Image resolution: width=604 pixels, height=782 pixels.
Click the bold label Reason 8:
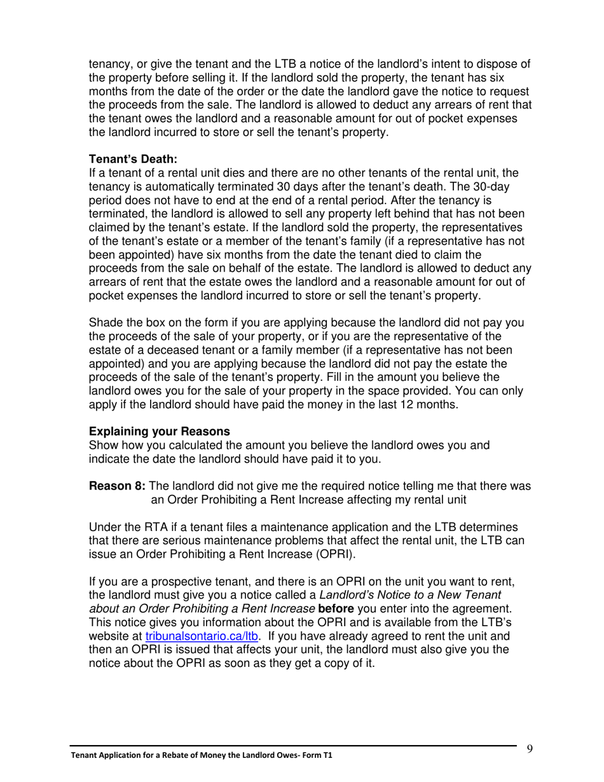coord(117,486)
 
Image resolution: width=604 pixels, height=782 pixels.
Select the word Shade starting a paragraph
coord(106,323)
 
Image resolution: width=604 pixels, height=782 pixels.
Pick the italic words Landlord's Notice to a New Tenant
coord(410,595)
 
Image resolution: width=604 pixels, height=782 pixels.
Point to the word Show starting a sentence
coord(104,445)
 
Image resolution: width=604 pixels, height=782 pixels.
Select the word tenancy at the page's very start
coord(109,64)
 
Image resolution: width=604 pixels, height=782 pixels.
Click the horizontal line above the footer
coord(292,745)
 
